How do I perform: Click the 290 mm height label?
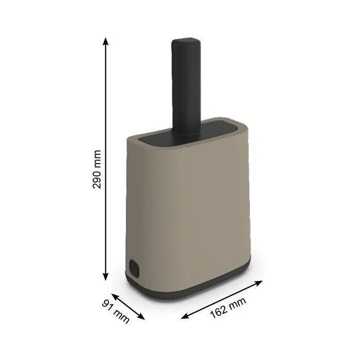tap(97, 169)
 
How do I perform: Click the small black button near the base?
tap(135, 268)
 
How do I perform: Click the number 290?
tap(97, 177)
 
